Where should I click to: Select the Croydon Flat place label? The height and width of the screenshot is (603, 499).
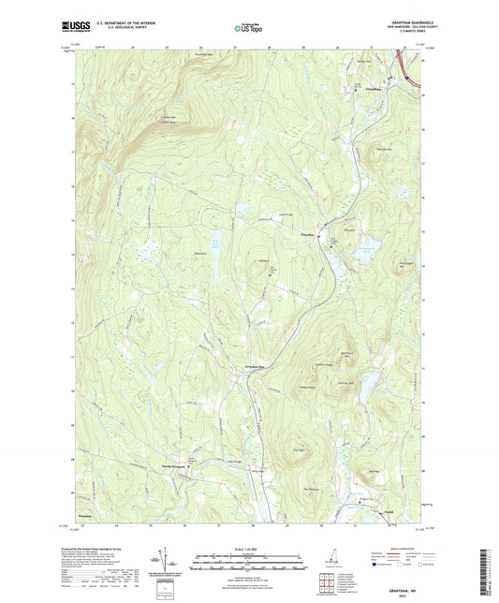point(257,366)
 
